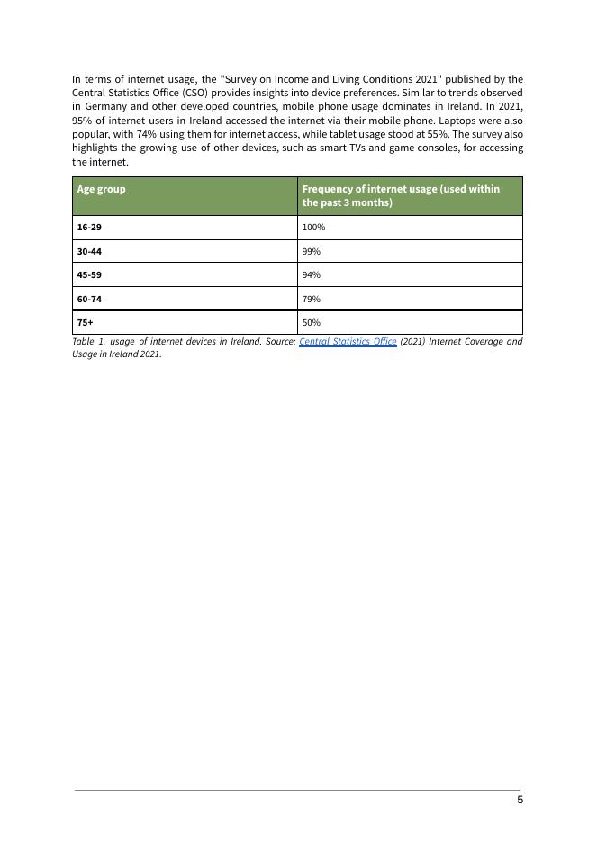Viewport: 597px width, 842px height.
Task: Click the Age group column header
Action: (x=101, y=190)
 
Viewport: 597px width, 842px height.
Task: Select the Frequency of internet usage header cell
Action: (x=400, y=195)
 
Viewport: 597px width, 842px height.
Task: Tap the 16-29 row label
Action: (x=89, y=228)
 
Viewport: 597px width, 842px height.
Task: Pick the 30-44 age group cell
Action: (x=89, y=251)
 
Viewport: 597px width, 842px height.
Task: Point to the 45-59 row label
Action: (x=89, y=275)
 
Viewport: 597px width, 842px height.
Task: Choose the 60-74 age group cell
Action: (x=89, y=299)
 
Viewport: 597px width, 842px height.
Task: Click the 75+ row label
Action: (x=86, y=322)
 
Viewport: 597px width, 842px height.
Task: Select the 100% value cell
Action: (x=313, y=228)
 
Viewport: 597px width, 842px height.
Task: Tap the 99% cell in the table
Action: (x=312, y=251)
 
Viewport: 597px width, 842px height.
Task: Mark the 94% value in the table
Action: (x=312, y=275)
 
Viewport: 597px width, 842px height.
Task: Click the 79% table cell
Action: (x=312, y=299)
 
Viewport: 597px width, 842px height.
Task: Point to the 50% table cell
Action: (x=312, y=322)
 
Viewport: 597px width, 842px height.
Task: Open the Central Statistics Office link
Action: (x=348, y=342)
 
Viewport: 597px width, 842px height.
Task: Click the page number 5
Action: (x=520, y=800)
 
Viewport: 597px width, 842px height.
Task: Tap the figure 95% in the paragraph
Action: (x=82, y=121)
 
